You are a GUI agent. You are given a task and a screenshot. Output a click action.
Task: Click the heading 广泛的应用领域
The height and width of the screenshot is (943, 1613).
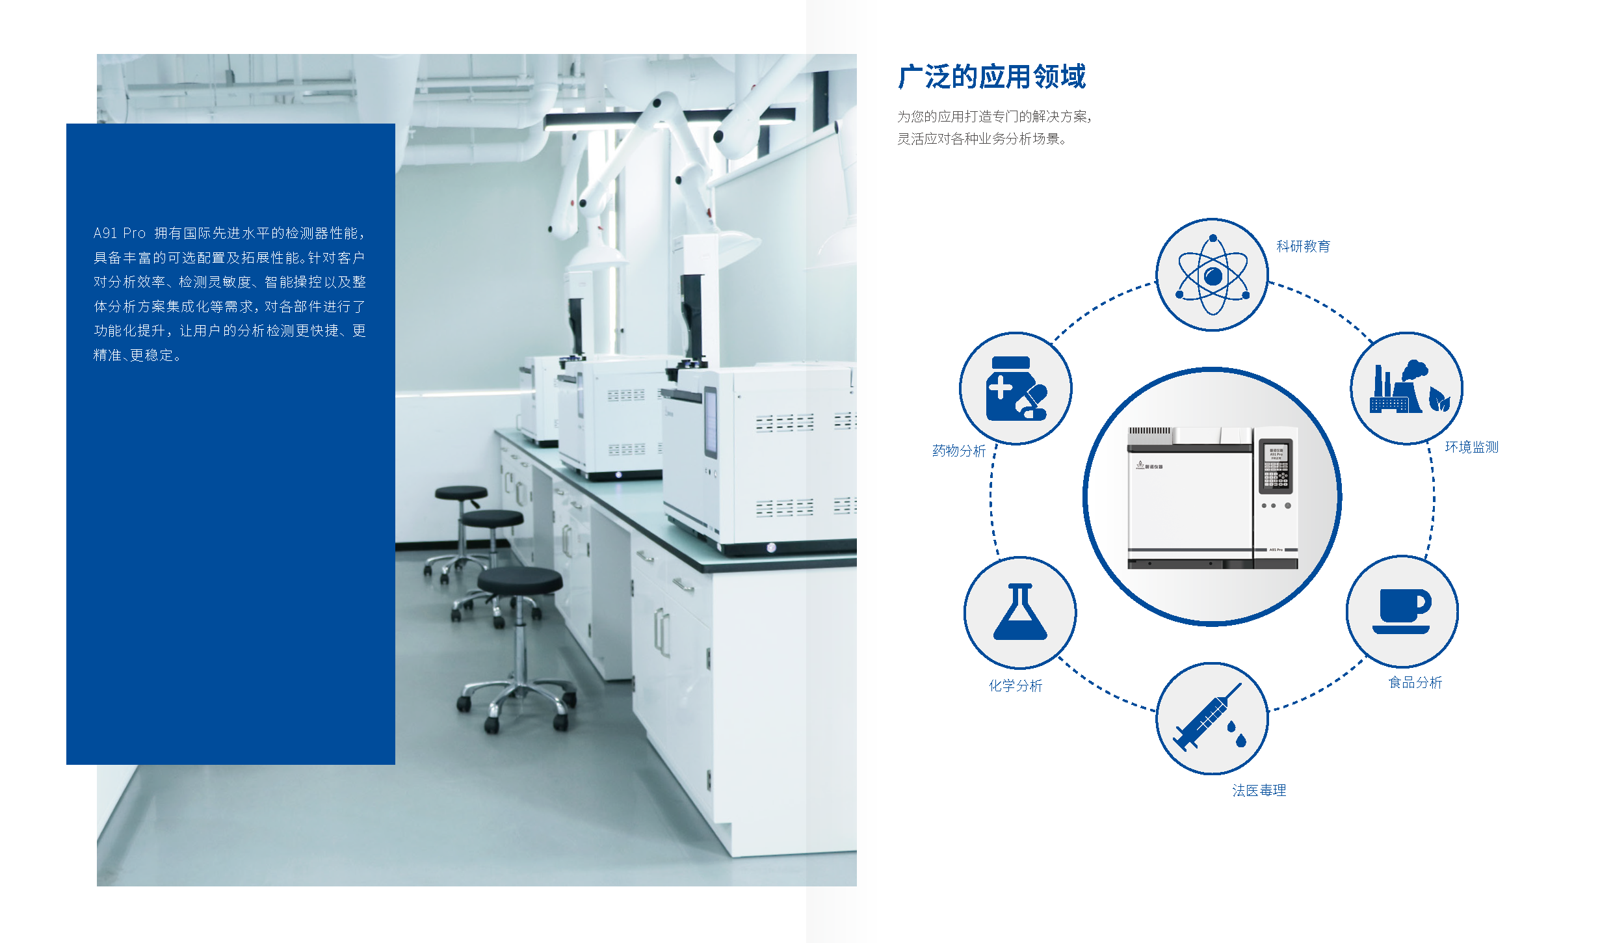point(991,77)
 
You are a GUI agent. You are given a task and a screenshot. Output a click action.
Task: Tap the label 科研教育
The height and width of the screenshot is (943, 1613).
point(1303,246)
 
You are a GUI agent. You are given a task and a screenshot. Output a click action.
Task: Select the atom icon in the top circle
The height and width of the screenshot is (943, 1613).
point(1213,276)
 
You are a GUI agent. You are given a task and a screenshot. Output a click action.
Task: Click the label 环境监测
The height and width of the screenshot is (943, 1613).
point(1471,447)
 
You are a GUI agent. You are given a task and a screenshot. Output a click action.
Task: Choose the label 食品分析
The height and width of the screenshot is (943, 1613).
point(1415,682)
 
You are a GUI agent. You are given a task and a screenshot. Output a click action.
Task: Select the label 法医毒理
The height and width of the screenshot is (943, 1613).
point(1259,790)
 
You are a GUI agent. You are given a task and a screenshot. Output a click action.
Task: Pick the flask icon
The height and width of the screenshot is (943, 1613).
point(1020,612)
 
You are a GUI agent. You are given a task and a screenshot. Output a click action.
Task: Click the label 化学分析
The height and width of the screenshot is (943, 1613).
point(1016,685)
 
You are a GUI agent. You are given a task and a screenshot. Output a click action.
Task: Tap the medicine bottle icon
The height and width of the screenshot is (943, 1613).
point(1016,388)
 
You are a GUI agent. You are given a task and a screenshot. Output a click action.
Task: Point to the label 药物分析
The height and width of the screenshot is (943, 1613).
point(959,451)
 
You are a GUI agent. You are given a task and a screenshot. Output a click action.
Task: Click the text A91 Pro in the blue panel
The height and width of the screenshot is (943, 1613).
point(120,233)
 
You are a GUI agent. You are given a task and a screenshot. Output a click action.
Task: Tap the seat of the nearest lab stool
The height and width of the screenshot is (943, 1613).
point(519,579)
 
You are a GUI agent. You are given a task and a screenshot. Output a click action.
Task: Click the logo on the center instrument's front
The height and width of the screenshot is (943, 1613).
point(1149,466)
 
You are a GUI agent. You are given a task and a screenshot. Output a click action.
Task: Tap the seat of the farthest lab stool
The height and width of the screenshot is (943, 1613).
point(461,493)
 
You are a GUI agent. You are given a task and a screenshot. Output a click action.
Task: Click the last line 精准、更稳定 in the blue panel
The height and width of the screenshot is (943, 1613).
point(137,355)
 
